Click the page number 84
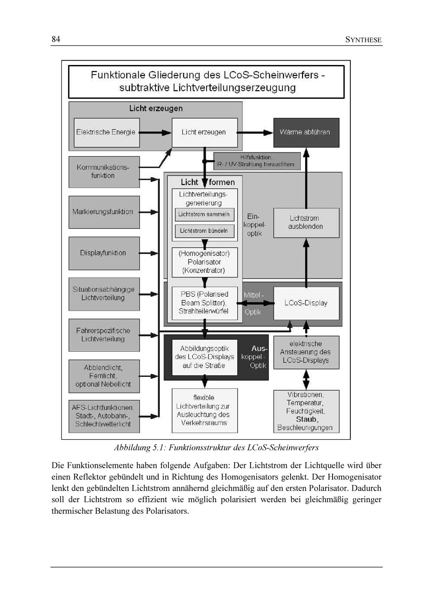[56, 39]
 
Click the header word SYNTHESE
[363, 40]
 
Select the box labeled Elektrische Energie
[106, 133]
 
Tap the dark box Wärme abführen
[306, 133]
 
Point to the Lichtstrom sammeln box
[204, 214]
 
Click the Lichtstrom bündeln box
[204, 231]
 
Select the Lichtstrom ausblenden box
[306, 222]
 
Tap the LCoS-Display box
[306, 303]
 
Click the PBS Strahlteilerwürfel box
[204, 303]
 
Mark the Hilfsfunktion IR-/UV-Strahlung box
[257, 161]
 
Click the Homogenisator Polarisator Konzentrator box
[204, 262]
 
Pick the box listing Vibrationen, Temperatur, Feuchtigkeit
[306, 411]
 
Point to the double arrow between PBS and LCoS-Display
[255, 303]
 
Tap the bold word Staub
[307, 419]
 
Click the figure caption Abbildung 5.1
[216, 448]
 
